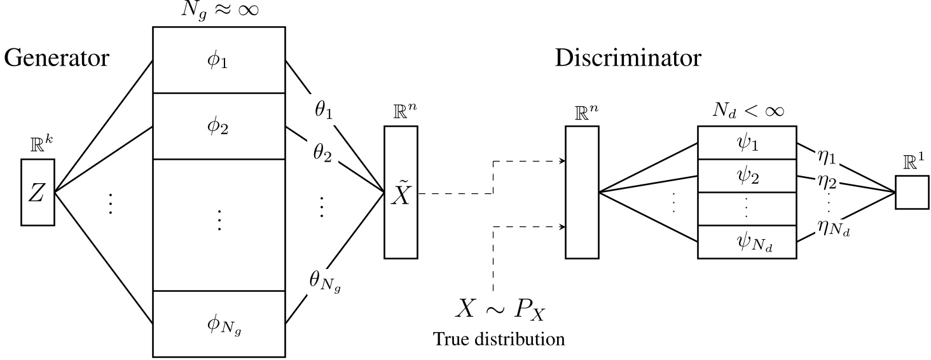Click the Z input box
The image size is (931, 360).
38,193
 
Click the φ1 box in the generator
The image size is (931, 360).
219,61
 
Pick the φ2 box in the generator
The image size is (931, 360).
219,127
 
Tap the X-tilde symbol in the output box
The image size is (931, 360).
401,193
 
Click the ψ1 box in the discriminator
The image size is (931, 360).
747,144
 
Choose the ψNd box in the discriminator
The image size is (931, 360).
747,243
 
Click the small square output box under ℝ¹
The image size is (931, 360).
913,191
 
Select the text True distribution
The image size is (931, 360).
499,338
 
